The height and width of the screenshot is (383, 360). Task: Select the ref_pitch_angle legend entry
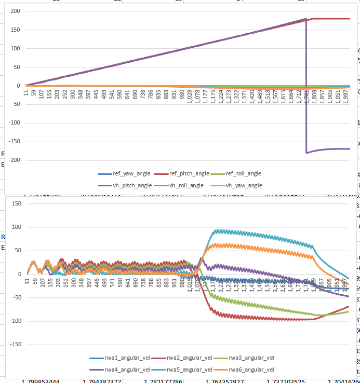coord(189,174)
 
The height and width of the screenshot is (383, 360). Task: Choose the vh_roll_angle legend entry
coord(189,185)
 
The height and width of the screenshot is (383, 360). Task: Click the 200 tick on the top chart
coord(15,11)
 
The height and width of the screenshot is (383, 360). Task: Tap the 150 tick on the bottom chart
coord(15,204)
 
